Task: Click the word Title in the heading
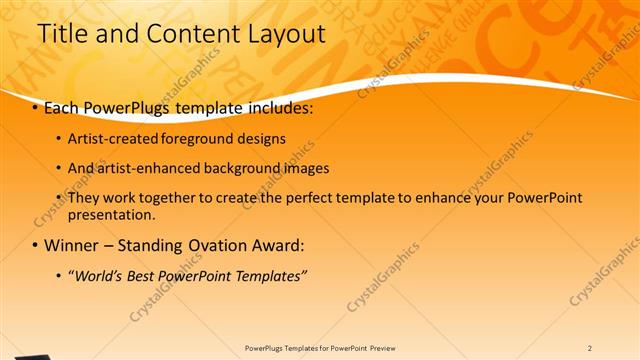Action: [x=60, y=34]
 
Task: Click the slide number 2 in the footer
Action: [x=590, y=348]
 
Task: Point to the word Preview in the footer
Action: [x=389, y=348]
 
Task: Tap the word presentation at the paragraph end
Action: [x=111, y=214]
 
